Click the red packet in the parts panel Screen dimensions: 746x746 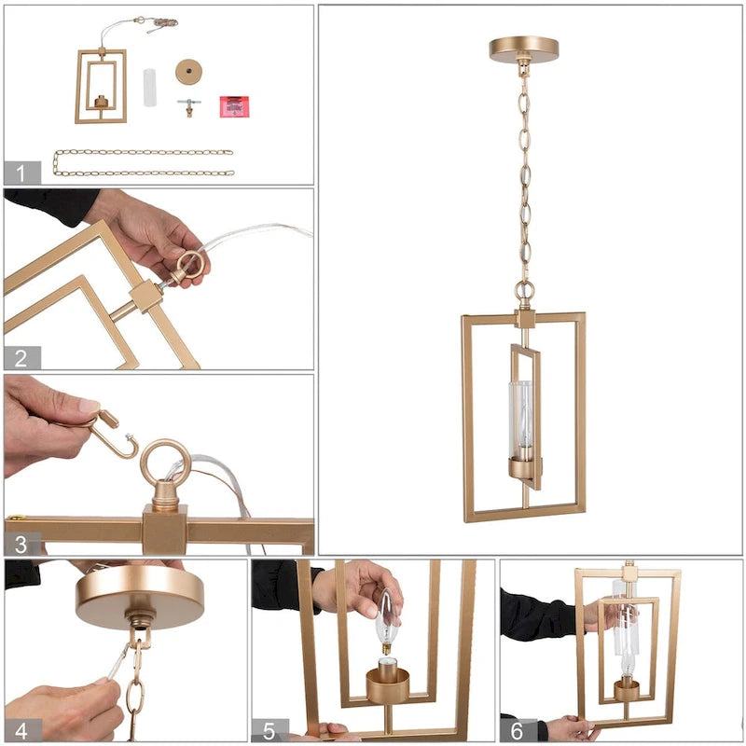(233, 105)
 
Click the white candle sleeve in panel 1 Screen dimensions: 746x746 (150, 88)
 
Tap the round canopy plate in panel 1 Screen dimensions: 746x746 (189, 72)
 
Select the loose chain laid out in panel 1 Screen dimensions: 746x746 (143, 162)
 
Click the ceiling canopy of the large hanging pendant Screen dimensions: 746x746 (523, 48)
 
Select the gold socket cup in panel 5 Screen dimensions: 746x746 (388, 684)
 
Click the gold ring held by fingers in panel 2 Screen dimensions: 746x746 (189, 265)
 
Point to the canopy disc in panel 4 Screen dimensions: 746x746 (140, 597)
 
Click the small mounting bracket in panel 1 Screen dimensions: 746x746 (189, 106)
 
